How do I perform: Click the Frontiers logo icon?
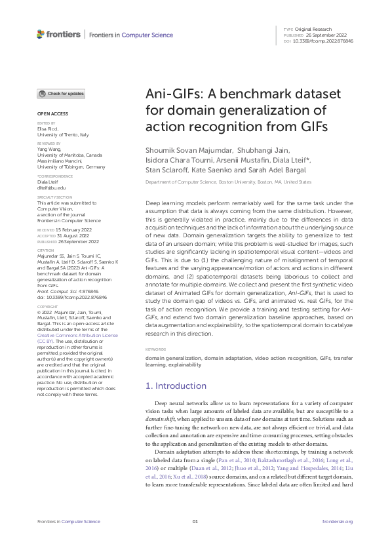[41, 33]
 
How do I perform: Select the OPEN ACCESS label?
[49, 114]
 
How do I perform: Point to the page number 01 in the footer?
[195, 521]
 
